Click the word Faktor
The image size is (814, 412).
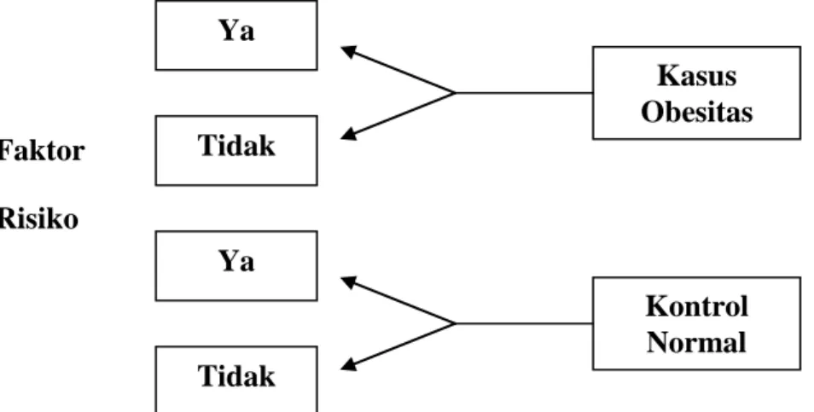pos(42,152)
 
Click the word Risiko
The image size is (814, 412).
pos(39,218)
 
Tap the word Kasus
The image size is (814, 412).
pos(696,76)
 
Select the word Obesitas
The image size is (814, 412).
pos(696,112)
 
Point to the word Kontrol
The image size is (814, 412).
pos(696,306)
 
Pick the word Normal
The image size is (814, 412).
pos(696,342)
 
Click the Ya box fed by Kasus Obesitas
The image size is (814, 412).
pos(236,35)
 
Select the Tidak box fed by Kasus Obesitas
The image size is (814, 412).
pos(236,150)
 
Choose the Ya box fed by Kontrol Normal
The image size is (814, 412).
pos(236,265)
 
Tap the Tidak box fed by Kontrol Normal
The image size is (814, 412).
pos(236,379)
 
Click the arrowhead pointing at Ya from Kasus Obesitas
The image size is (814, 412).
pos(348,51)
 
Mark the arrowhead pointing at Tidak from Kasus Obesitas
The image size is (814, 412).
pos(348,135)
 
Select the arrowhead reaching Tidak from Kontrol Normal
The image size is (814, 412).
pos(348,365)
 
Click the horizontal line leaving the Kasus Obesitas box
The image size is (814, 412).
pos(525,93)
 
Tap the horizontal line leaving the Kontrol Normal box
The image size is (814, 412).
pos(525,323)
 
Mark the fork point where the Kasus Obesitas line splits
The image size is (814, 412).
pos(456,93)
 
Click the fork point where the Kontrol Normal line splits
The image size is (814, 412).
pos(456,323)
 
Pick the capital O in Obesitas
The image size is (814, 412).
pos(652,112)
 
